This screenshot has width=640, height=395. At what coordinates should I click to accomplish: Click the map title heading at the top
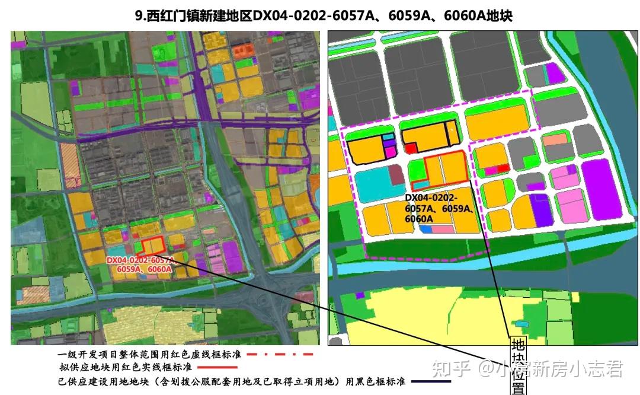tap(324, 15)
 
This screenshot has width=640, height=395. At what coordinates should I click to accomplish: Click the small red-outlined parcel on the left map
tap(153, 246)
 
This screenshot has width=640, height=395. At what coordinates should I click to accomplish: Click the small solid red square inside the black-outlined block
tap(411, 148)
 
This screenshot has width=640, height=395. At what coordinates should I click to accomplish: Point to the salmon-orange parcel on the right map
tap(555, 140)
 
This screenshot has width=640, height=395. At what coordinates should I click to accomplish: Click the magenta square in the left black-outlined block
tap(389, 151)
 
